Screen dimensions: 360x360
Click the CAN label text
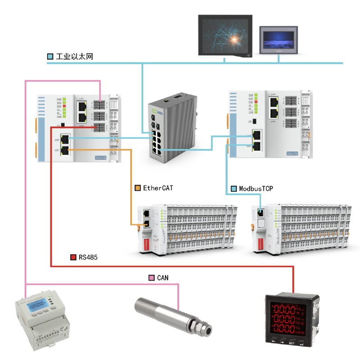[163, 278]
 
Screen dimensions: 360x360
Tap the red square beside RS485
[73, 257]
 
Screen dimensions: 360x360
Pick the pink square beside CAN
[152, 278]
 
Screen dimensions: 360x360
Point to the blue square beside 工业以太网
[50, 57]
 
